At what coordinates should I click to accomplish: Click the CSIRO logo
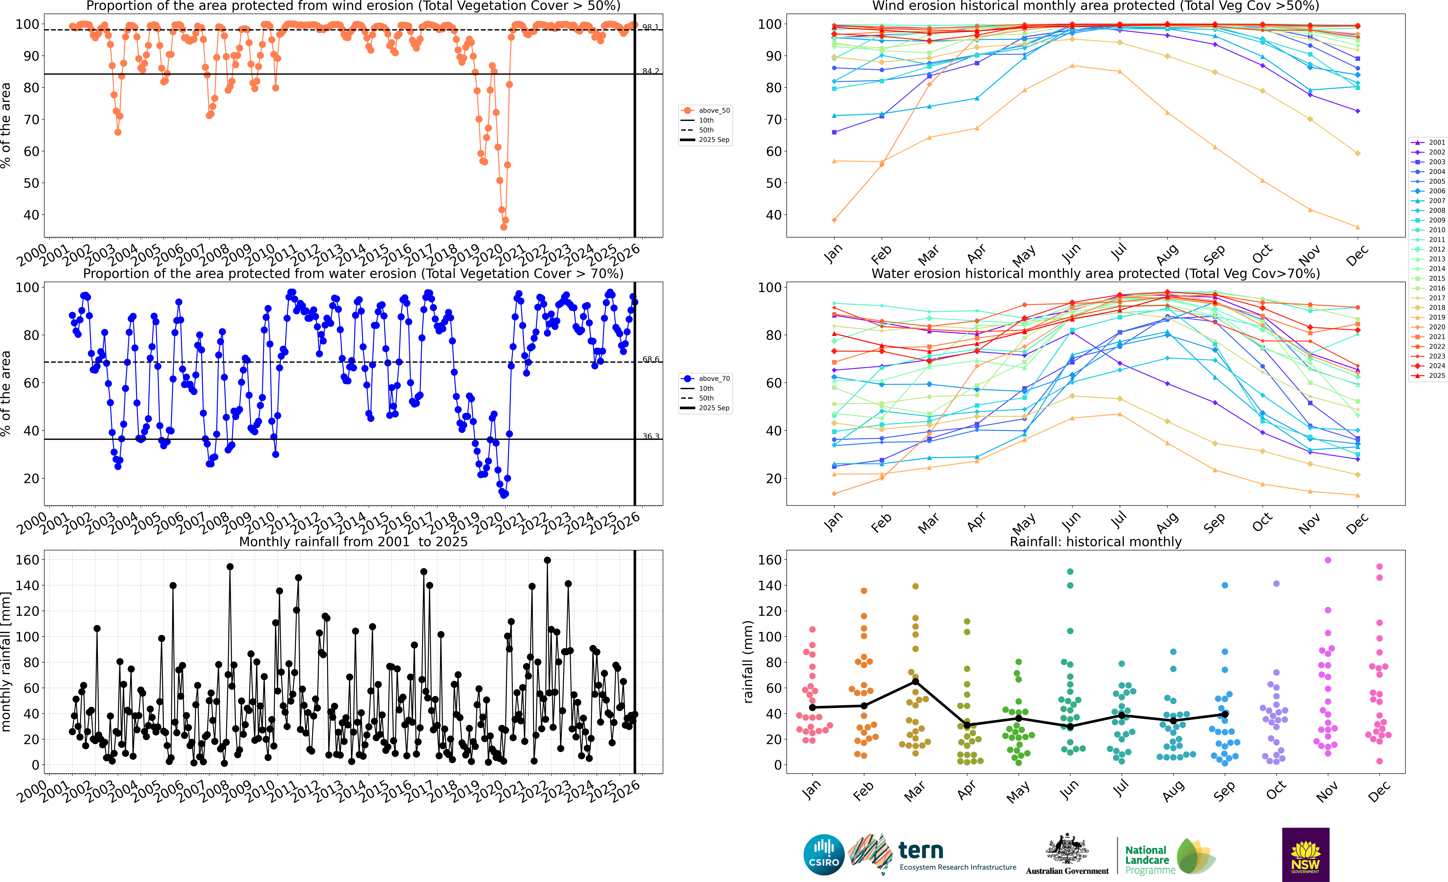pyautogui.click(x=824, y=854)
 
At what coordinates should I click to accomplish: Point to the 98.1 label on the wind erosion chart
pyautogui.click(x=650, y=27)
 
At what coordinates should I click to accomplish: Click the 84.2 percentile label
pyautogui.click(x=650, y=71)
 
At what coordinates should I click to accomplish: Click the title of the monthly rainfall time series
pyautogui.click(x=353, y=542)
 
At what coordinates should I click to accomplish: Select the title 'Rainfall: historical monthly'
pyautogui.click(x=1095, y=542)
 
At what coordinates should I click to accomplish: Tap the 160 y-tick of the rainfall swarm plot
pyautogui.click(x=769, y=560)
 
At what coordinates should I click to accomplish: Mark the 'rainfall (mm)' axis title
pyautogui.click(x=748, y=662)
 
